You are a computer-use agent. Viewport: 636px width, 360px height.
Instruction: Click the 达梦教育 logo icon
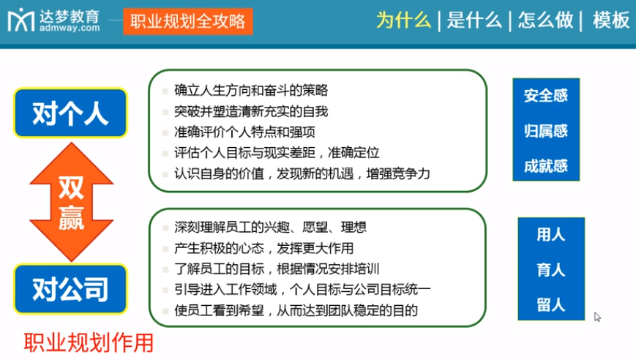tap(20, 20)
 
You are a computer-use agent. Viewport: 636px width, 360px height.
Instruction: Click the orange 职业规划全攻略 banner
tap(188, 20)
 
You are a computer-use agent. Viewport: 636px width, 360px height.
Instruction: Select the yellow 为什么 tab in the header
tap(403, 20)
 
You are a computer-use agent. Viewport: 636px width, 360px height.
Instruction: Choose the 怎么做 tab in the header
tap(545, 20)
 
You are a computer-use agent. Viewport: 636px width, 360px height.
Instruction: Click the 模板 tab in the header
tap(611, 20)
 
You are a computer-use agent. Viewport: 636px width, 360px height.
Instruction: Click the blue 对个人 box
tap(70, 113)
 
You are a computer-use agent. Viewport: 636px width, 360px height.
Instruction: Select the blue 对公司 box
tap(70, 289)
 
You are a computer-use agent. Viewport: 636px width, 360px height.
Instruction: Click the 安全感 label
tap(546, 96)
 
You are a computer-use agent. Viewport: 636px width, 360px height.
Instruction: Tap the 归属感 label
tap(546, 131)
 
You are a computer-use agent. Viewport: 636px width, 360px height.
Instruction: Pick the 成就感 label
tap(546, 166)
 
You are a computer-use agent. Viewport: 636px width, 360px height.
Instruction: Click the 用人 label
tap(550, 235)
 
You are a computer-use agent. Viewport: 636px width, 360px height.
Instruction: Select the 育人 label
tap(550, 270)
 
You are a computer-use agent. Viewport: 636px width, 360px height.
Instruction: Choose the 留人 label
tap(550, 304)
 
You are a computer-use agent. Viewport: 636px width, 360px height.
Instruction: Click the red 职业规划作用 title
tap(89, 342)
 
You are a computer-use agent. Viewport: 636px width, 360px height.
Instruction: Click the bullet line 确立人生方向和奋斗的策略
tap(251, 91)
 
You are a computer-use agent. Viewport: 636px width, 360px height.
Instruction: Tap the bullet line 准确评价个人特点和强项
tap(245, 132)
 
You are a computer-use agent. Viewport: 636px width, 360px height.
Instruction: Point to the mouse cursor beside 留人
tap(597, 317)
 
